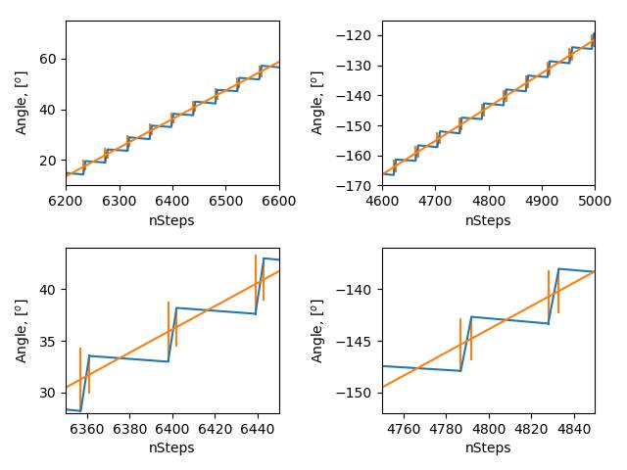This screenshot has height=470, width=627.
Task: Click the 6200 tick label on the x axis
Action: [66, 201]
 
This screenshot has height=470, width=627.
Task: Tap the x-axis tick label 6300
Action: [119, 201]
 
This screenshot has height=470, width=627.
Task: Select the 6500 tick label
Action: [225, 201]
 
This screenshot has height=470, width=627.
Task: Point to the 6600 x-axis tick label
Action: [278, 201]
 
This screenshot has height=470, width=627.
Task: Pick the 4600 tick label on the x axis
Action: [382, 201]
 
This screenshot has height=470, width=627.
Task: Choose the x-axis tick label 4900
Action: [542, 201]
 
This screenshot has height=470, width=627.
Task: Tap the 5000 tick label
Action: [594, 201]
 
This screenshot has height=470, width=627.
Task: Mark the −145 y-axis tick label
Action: [360, 342]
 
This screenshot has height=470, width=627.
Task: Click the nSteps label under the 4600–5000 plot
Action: [488, 220]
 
